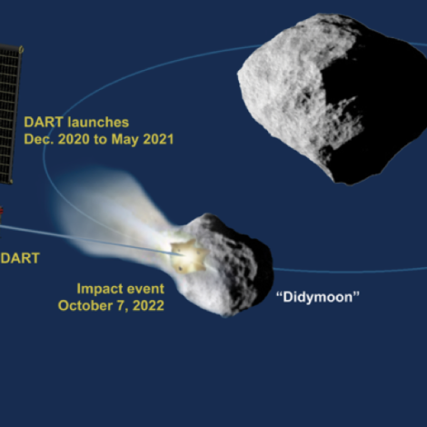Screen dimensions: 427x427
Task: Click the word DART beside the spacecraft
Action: (x=20, y=258)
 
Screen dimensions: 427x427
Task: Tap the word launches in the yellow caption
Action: (x=98, y=123)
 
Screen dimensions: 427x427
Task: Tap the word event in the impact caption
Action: (x=145, y=289)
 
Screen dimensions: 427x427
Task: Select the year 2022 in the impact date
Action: (x=148, y=305)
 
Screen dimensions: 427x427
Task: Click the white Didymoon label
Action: (x=318, y=297)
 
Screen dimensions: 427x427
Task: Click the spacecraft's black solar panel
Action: (x=10, y=114)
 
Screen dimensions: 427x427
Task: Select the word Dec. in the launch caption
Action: (x=38, y=139)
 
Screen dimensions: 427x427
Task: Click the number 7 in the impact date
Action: (x=121, y=306)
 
